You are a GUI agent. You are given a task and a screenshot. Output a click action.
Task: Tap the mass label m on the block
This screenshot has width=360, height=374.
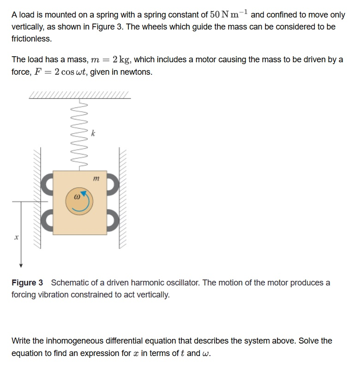[96, 178]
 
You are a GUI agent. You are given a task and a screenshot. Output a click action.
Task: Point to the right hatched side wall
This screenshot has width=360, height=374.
[125, 198]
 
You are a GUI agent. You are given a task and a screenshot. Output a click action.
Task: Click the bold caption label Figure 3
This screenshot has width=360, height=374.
[27, 282]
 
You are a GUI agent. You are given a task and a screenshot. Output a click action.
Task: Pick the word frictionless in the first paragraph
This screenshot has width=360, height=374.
[31, 39]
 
